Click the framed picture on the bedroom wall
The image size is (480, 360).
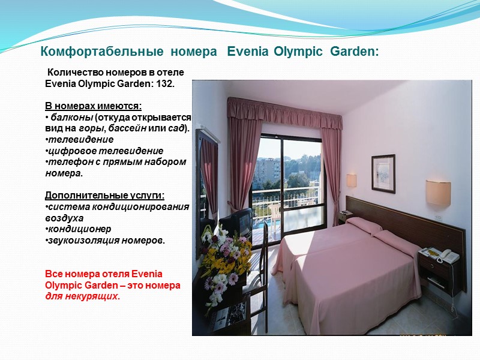[x=383, y=173]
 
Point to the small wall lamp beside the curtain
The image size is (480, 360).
[x=352, y=180]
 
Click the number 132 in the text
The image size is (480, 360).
[x=165, y=83]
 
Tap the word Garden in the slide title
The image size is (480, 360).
[x=354, y=52]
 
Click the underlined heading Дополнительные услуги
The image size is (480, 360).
[x=104, y=196]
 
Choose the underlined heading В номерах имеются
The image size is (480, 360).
[x=93, y=106]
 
